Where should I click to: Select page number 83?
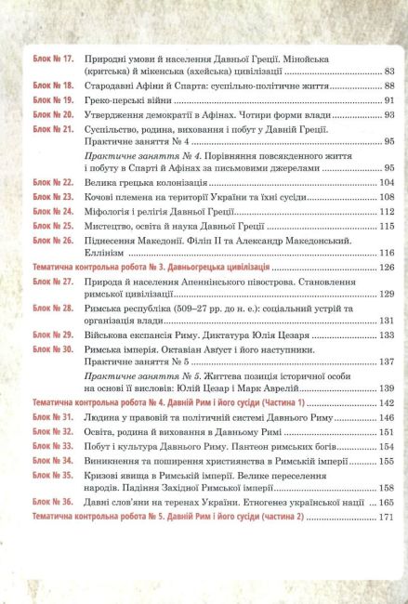coord(388,71)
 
